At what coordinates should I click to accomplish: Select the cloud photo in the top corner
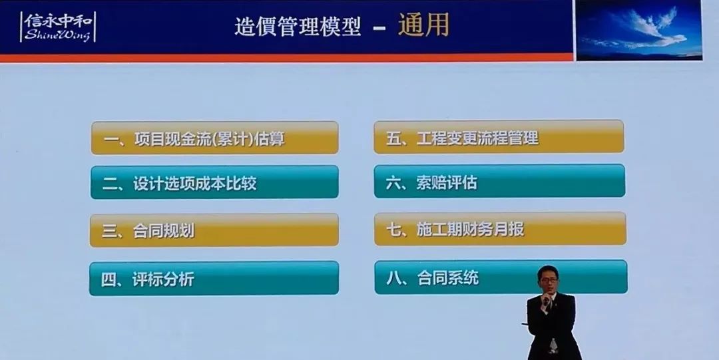pyautogui.click(x=638, y=30)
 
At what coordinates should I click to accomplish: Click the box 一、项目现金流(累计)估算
pyautogui.click(x=214, y=138)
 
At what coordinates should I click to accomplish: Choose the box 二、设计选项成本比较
pyautogui.click(x=214, y=183)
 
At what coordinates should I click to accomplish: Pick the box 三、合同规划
pyautogui.click(x=214, y=230)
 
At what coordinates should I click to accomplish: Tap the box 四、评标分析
pyautogui.click(x=214, y=278)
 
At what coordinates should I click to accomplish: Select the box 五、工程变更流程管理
pyautogui.click(x=499, y=137)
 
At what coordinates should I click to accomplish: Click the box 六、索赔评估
pyautogui.click(x=499, y=182)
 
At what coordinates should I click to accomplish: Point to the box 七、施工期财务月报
pyautogui.click(x=499, y=229)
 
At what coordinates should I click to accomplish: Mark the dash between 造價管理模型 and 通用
pyautogui.click(x=379, y=29)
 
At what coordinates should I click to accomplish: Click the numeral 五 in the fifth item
pyautogui.click(x=393, y=138)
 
